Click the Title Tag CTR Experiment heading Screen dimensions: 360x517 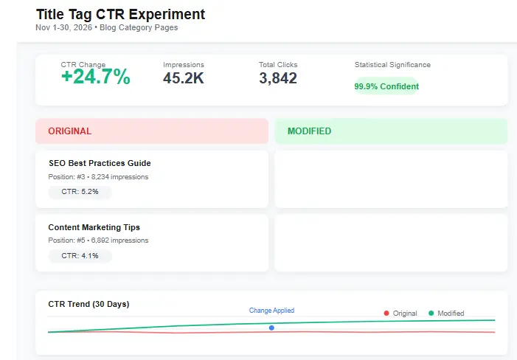[x=120, y=14]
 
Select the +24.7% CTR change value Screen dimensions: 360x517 [x=95, y=77]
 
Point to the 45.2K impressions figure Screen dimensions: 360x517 [x=184, y=77]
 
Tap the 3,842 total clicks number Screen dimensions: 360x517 [x=278, y=77]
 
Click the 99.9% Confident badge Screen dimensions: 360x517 [x=386, y=86]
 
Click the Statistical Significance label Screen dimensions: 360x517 [x=392, y=65]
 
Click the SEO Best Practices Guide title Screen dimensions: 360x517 [x=100, y=163]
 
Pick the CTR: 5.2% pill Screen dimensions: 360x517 [x=80, y=192]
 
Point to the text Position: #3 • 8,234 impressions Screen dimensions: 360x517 [x=98, y=177]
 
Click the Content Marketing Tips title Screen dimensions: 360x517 [x=94, y=227]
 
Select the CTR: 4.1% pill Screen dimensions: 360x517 [x=80, y=256]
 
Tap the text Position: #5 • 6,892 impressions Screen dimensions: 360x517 [x=98, y=240]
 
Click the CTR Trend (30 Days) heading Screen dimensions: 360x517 [x=89, y=304]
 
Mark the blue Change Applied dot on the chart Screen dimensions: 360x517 [x=271, y=328]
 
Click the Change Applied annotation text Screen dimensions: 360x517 [x=271, y=311]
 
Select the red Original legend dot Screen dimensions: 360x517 [x=386, y=314]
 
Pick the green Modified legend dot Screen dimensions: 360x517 [x=431, y=314]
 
